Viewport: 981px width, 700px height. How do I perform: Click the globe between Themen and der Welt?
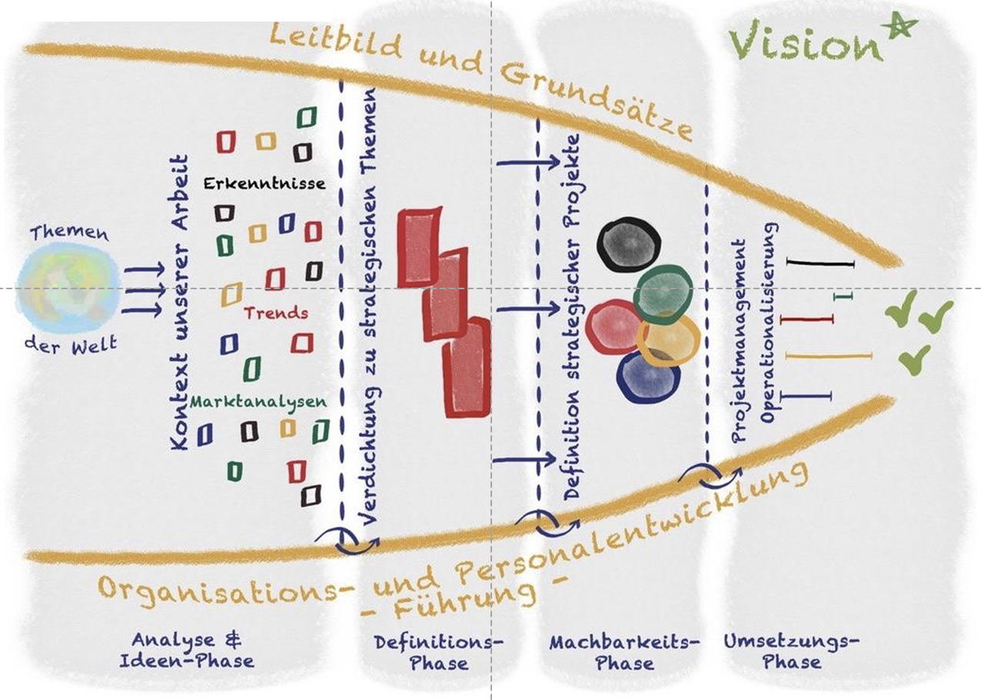[68, 287]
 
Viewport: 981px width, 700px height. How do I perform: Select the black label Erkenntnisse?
[264, 184]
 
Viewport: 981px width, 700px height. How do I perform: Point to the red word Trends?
[276, 313]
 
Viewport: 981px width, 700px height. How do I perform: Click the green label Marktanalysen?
[258, 402]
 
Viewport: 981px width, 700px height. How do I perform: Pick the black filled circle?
[629, 242]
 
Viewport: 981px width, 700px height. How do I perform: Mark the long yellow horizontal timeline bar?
[829, 355]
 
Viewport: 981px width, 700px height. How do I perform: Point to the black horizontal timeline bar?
[820, 264]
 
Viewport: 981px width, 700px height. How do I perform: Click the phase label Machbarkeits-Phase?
[624, 652]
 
